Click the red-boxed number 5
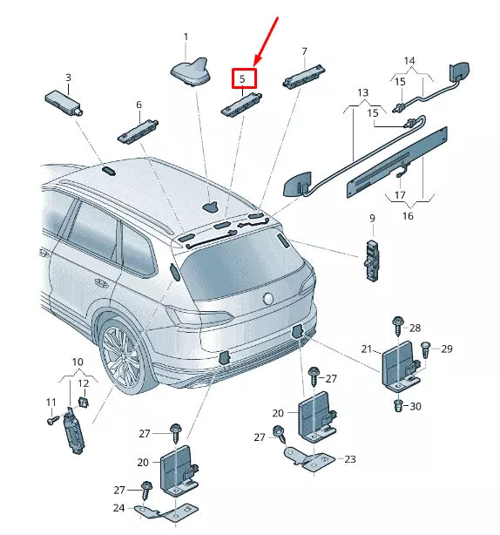pyautogui.click(x=244, y=78)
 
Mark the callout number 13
pyautogui.click(x=362, y=91)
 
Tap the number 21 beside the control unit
pyautogui.click(x=367, y=349)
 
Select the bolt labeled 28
pyautogui.click(x=399, y=325)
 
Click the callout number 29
pyautogui.click(x=447, y=349)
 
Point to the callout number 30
pyautogui.click(x=416, y=406)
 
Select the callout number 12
pyautogui.click(x=84, y=383)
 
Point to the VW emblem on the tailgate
pyautogui.click(x=267, y=299)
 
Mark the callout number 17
pyautogui.click(x=400, y=195)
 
